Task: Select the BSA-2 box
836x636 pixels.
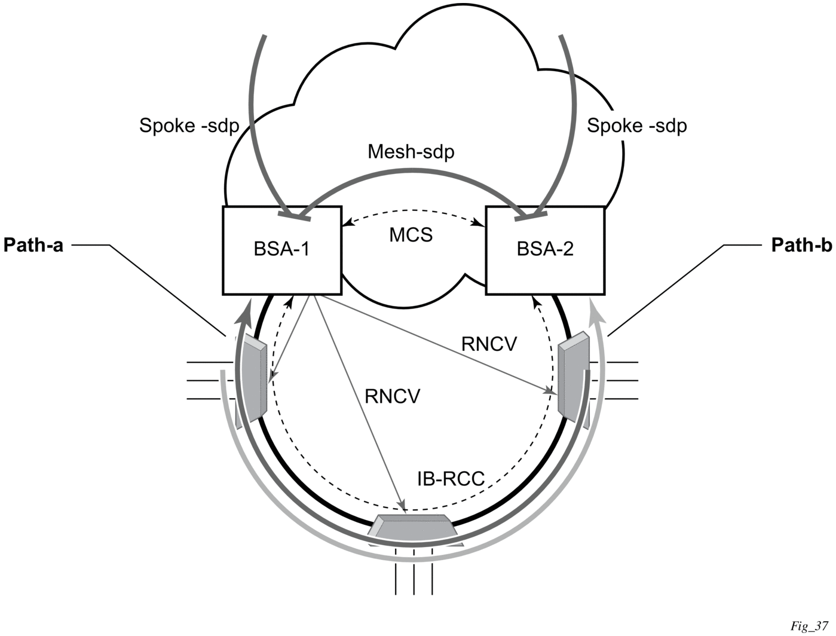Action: [x=545, y=250]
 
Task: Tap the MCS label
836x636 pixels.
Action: [x=411, y=235]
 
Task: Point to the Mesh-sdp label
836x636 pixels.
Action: [x=411, y=152]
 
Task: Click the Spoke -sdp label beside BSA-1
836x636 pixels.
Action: [x=189, y=126]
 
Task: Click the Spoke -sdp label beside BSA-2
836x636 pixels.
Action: [x=636, y=126]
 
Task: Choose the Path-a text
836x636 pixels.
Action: [x=33, y=245]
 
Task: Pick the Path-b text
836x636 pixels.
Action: [x=801, y=245]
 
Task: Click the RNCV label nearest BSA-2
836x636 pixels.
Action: [x=489, y=344]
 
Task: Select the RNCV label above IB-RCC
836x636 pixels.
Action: [x=393, y=396]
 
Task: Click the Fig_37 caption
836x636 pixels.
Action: [x=809, y=626]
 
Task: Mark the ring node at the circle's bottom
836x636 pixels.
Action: [x=414, y=525]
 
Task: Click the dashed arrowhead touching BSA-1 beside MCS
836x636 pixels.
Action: [x=347, y=224]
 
